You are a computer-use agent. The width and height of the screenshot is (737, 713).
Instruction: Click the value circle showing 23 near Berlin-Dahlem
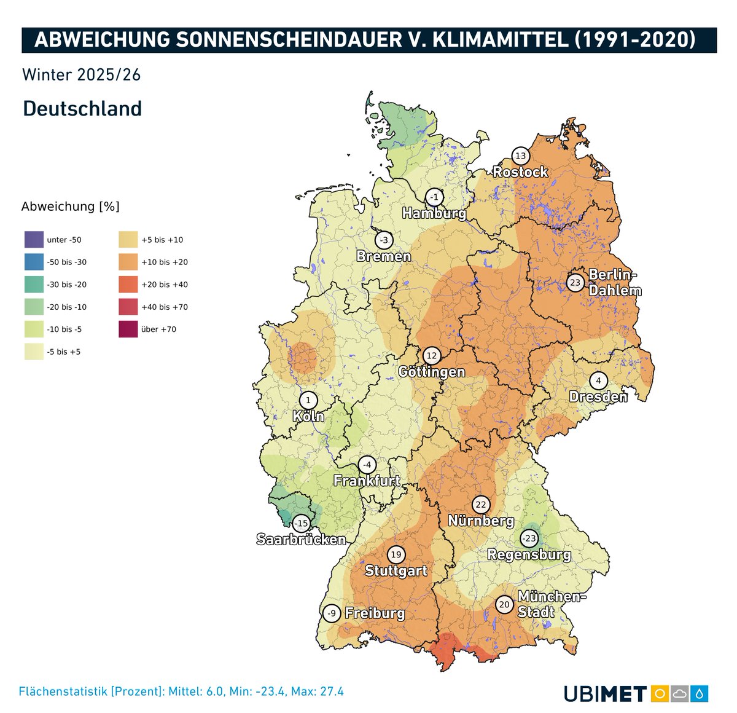tap(575, 283)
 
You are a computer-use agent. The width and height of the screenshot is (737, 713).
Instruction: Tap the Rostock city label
tap(520, 172)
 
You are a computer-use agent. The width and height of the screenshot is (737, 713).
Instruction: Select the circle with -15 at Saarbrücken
tap(301, 524)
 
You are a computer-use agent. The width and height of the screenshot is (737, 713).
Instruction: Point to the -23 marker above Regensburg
tap(529, 539)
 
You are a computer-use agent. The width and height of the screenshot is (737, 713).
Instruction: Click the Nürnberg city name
tap(481, 521)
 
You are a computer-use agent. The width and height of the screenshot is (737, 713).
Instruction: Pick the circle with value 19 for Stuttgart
tap(396, 555)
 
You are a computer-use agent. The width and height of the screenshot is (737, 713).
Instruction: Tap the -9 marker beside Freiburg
tap(332, 613)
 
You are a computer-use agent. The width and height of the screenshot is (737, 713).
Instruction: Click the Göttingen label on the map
tap(431, 372)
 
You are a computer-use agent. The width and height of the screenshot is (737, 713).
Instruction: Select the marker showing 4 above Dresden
tap(598, 381)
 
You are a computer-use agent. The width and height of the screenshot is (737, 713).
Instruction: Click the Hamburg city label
tap(434, 214)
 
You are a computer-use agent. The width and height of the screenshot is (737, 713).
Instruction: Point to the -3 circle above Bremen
tap(384, 240)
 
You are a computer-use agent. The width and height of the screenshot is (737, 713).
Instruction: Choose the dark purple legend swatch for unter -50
tap(34, 240)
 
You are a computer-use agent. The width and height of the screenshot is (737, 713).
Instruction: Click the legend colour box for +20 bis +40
tap(128, 285)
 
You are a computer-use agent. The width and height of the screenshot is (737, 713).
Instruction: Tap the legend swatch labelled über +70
tap(128, 329)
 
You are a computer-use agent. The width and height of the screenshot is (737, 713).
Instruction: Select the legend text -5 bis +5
tap(64, 352)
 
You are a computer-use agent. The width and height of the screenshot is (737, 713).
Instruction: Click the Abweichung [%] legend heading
tap(70, 207)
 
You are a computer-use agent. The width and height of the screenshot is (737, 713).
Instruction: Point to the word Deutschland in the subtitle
tap(82, 109)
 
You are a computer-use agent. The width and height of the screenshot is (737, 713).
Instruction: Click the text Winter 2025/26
tap(82, 75)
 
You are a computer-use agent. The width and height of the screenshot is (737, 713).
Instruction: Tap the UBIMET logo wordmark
tap(605, 694)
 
